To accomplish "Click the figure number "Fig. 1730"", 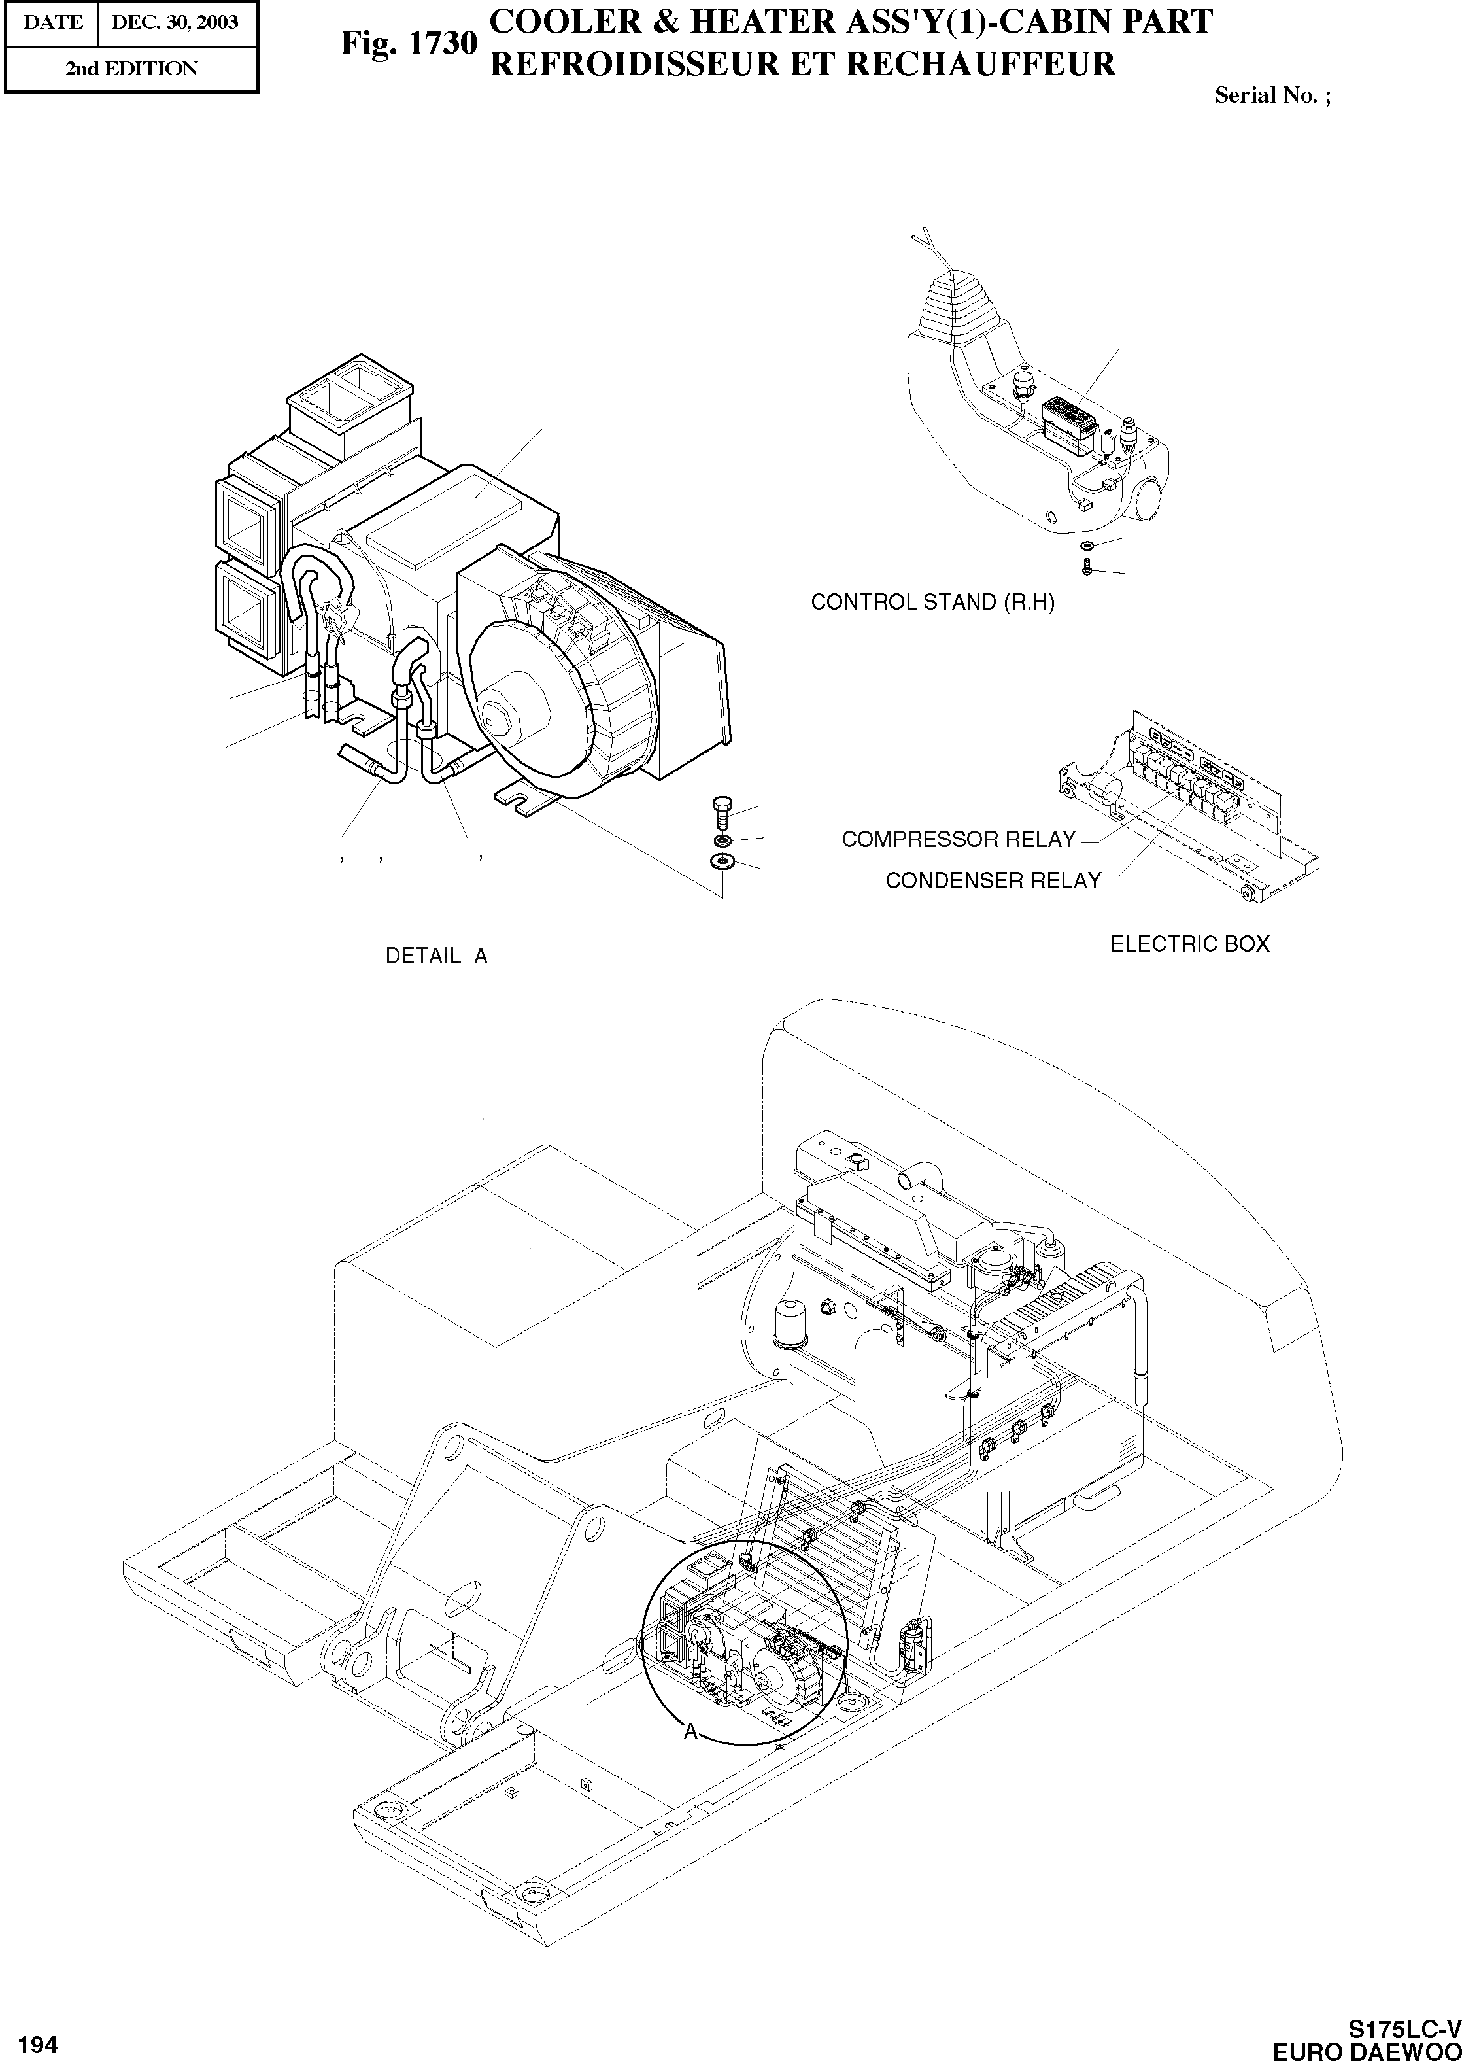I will [408, 43].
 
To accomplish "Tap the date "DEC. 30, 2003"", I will [175, 22].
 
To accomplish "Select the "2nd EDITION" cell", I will [131, 69].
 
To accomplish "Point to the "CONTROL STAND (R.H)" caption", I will [932, 602].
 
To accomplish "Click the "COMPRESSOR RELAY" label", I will [959, 839].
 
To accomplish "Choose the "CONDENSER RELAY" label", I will [993, 880].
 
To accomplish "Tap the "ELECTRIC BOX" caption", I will [1189, 944].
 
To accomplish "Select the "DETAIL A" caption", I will [437, 956].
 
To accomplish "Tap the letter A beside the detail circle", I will [690, 1731].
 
